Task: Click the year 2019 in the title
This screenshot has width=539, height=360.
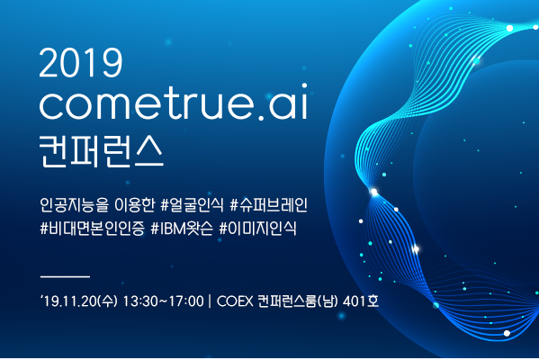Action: click(x=81, y=63)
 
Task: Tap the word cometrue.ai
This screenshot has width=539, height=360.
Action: click(x=174, y=102)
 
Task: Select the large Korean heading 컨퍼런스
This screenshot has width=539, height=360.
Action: click(x=101, y=152)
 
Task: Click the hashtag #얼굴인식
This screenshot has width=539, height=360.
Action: click(x=192, y=205)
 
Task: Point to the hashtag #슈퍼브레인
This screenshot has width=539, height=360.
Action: click(x=268, y=205)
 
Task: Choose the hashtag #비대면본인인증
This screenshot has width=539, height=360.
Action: click(x=92, y=229)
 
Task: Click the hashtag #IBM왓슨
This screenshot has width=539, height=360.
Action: click(x=182, y=229)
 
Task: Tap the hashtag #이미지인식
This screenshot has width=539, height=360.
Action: click(x=257, y=229)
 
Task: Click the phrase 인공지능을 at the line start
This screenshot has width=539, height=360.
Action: click(x=74, y=205)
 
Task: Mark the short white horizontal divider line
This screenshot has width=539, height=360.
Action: click(x=65, y=276)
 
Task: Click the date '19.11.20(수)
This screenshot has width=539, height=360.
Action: click(x=79, y=301)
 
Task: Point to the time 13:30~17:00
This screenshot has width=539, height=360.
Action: click(x=163, y=301)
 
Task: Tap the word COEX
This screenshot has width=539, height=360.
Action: click(x=235, y=301)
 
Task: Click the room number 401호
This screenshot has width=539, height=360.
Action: click(x=361, y=301)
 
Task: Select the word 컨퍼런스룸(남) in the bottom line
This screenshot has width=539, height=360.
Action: click(x=297, y=301)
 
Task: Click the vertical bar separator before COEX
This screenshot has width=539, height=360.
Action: click(x=210, y=301)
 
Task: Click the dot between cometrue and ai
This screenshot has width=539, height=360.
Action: click(x=261, y=118)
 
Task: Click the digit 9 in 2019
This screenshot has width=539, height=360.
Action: click(x=112, y=63)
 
